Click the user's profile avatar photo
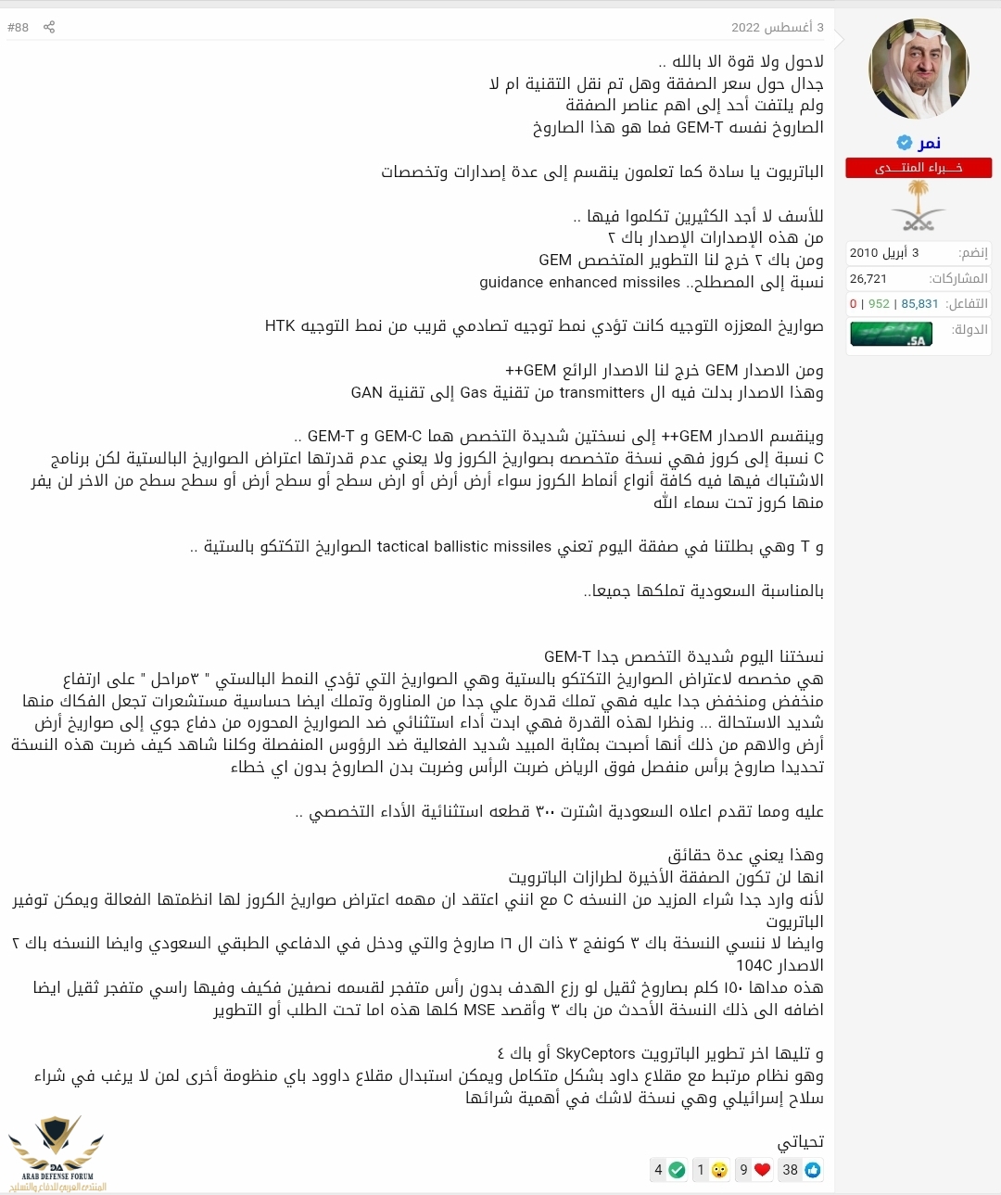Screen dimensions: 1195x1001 (x=919, y=69)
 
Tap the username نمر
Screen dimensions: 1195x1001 (x=929, y=142)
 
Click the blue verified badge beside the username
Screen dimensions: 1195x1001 (x=904, y=142)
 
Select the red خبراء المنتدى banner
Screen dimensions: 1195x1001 (x=919, y=168)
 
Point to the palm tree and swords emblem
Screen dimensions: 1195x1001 (x=919, y=206)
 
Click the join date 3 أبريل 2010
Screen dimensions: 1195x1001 (x=884, y=252)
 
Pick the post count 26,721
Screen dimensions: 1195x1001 (x=868, y=278)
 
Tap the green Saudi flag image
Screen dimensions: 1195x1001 (x=891, y=334)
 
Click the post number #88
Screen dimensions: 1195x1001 (x=18, y=27)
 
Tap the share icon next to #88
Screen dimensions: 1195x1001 (x=49, y=27)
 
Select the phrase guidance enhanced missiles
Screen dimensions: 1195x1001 (x=579, y=282)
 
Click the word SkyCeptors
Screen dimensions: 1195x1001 (x=596, y=1053)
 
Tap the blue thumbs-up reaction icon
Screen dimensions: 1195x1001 (x=813, y=1170)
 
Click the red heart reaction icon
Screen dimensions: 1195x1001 (x=762, y=1170)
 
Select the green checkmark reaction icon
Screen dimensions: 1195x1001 (x=677, y=1170)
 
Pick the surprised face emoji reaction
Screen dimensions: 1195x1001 (x=719, y=1170)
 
